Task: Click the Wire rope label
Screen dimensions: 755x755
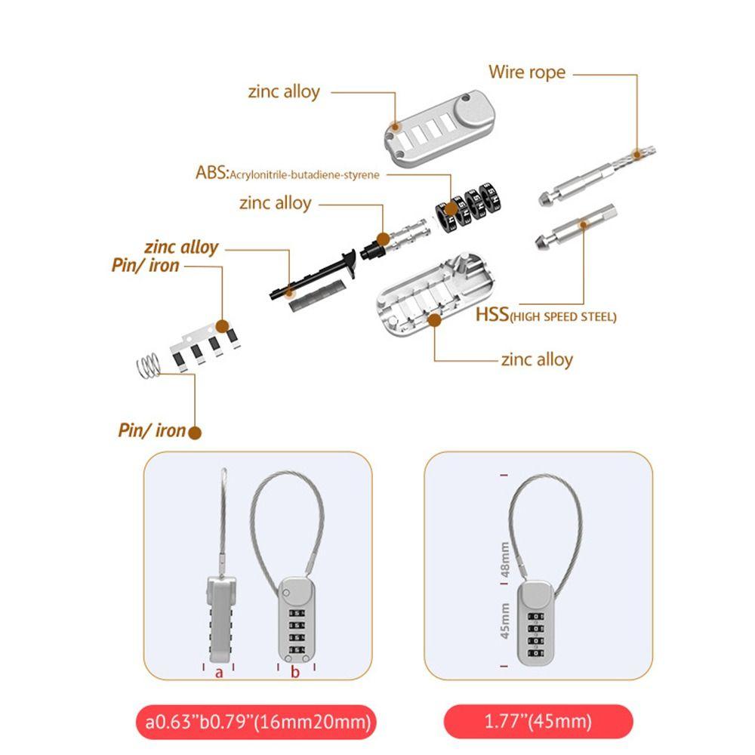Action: [526, 72]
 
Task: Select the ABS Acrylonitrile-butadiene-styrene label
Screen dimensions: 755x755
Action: [287, 174]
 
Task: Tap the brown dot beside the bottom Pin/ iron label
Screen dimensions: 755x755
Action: [195, 433]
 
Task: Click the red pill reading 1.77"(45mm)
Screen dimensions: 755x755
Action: [538, 722]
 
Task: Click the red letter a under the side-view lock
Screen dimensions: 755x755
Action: [219, 671]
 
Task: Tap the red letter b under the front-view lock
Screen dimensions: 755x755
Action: [296, 671]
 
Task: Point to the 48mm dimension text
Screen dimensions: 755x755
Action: [506, 559]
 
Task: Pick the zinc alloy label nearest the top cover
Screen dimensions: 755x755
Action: [284, 92]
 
